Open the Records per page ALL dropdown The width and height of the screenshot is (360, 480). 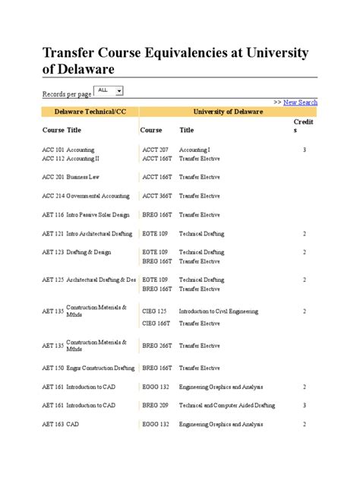109,90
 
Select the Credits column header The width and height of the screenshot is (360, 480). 303,126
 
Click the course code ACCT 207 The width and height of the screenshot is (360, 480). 155,150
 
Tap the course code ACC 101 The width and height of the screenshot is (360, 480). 52,150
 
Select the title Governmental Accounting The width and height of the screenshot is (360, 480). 98,195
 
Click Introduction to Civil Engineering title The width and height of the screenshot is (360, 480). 219,311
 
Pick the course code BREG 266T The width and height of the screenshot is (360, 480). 156,347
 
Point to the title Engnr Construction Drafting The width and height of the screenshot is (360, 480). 100,368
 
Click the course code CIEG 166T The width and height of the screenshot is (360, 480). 156,323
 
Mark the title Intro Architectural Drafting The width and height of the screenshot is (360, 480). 99,234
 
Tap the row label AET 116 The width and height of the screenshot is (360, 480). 52,215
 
